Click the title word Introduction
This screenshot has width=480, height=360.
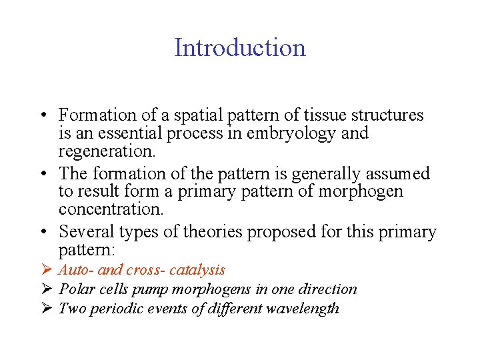pos(240,48)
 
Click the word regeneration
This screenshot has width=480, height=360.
pos(106,151)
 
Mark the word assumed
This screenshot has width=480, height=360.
pos(398,174)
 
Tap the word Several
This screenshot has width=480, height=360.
pos(86,233)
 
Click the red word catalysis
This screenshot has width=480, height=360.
pos(197,270)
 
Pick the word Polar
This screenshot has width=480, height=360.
pos(75,289)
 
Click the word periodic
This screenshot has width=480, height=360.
pos(113,309)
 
